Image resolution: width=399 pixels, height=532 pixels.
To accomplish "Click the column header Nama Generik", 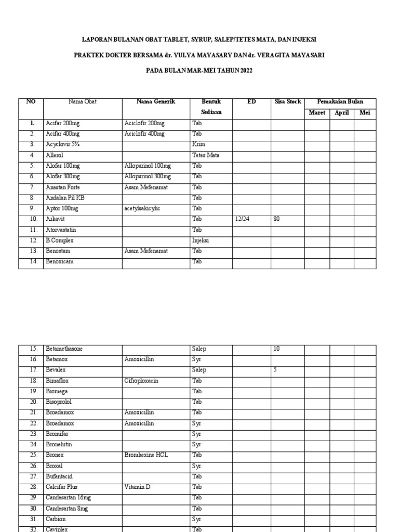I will (156, 102).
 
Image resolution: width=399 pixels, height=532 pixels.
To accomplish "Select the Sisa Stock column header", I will (288, 102).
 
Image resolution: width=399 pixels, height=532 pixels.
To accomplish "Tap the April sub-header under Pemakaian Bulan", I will (341, 113).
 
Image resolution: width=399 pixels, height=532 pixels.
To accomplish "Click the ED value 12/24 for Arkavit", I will (242, 219).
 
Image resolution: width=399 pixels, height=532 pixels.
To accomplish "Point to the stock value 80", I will (276, 219).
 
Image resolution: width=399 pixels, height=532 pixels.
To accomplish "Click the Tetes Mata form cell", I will (206, 155).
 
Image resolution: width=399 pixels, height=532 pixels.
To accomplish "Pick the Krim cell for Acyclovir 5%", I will (198, 144).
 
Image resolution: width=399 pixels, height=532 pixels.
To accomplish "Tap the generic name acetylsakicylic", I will (142, 208).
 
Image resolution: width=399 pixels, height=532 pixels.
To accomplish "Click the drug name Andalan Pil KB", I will (65, 198).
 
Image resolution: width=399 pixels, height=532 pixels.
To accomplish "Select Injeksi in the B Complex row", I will (201, 241).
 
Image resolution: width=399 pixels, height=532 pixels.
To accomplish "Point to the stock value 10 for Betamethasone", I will (276, 349).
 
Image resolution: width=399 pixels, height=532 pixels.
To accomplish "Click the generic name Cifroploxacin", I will (141, 381).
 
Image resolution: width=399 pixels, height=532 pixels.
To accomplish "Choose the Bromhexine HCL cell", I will (146, 455).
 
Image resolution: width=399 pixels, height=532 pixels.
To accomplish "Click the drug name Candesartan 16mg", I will (67, 498).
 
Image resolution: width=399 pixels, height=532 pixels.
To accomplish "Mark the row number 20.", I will (33, 402).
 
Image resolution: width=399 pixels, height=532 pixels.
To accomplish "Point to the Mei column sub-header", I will (365, 113).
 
